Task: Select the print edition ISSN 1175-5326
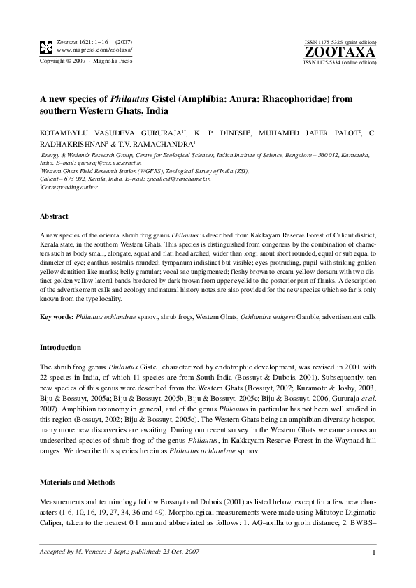[x=327, y=43]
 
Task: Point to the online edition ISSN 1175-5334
[x=327, y=61]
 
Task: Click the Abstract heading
[x=54, y=217]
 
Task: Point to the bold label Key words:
[x=55, y=316]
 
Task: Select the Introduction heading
[x=61, y=347]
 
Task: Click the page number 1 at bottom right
[x=375, y=553]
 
